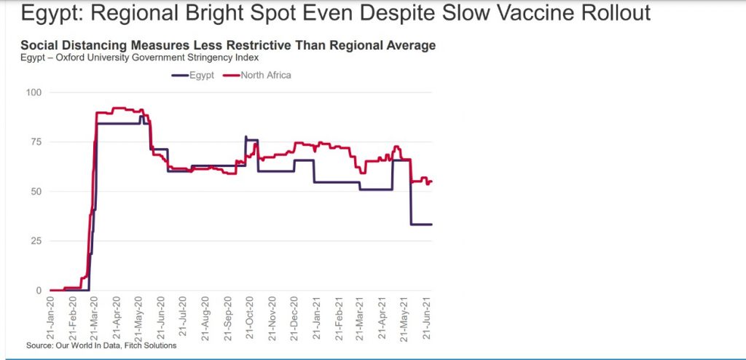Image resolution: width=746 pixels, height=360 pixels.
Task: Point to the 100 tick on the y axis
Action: (34, 93)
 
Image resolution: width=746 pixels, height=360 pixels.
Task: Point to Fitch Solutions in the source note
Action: (150, 345)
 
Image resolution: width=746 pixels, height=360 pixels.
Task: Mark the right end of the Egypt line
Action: (432, 224)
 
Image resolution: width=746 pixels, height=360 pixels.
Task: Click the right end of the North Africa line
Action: (432, 181)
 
